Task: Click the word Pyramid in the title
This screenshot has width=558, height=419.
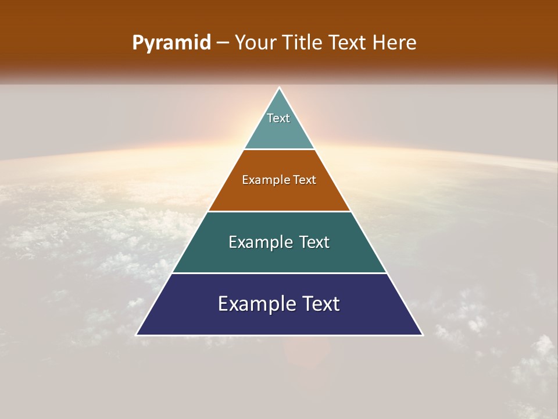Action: tap(171, 43)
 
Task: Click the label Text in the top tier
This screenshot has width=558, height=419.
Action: tap(278, 118)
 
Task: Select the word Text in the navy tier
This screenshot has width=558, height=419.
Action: tap(316, 304)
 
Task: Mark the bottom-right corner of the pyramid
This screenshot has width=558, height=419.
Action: tap(422, 335)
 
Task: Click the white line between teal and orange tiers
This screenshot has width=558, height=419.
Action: tap(279, 150)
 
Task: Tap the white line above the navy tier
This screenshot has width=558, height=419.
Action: tap(279, 273)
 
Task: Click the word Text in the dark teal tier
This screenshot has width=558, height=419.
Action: tap(310, 242)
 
